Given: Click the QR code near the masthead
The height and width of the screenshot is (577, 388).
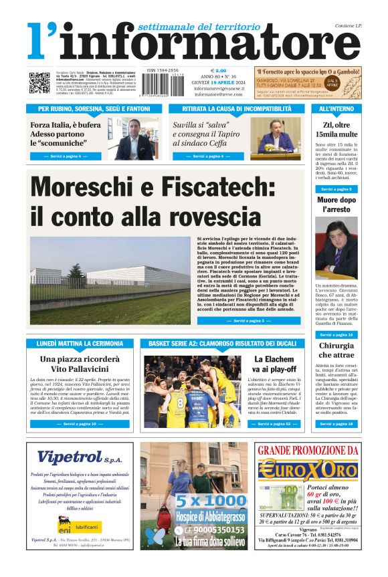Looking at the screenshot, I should [x=39, y=82].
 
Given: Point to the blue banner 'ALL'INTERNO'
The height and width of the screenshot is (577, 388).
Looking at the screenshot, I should [x=336, y=108].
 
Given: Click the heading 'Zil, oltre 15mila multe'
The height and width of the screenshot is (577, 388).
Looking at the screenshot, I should [x=336, y=130].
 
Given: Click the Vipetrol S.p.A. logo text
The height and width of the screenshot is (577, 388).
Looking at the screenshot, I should [x=76, y=458].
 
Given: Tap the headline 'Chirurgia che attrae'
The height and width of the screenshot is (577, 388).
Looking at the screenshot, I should [x=336, y=350].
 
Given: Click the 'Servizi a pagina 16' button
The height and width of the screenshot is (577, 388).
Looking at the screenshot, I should [x=336, y=334].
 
